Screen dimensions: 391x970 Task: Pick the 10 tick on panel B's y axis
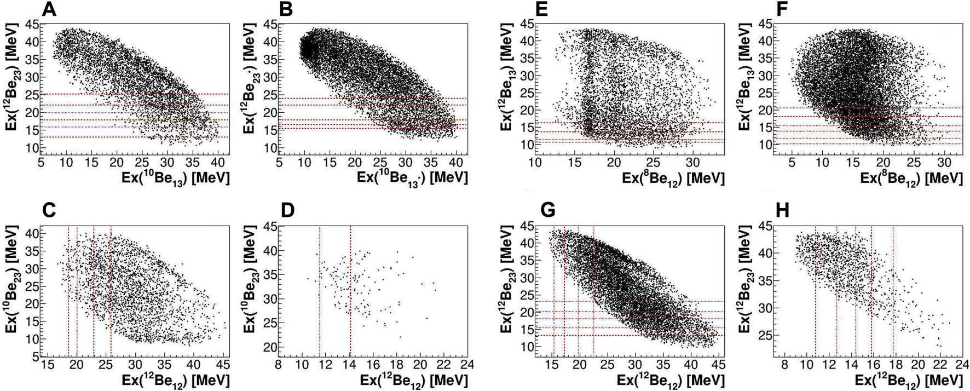pos(269,148)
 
